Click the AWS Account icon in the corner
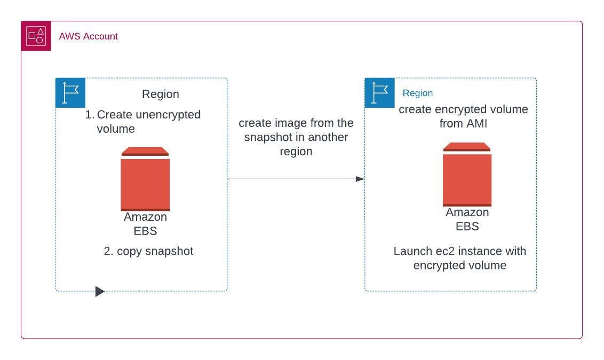pos(36,36)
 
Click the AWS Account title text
pos(88,36)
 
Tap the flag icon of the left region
pos(70,93)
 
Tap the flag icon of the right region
pos(380,93)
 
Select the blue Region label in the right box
pos(417,93)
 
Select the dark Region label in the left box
pos(160,94)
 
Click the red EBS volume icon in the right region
pos(467,179)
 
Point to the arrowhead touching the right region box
pos(360,179)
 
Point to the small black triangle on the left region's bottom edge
pos(100,291)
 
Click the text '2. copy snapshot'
pos(148,251)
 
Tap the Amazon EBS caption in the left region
pos(145,224)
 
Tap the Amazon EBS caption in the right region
pos(467,219)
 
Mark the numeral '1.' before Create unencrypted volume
pos(90,115)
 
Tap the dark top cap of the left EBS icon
pos(145,151)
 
